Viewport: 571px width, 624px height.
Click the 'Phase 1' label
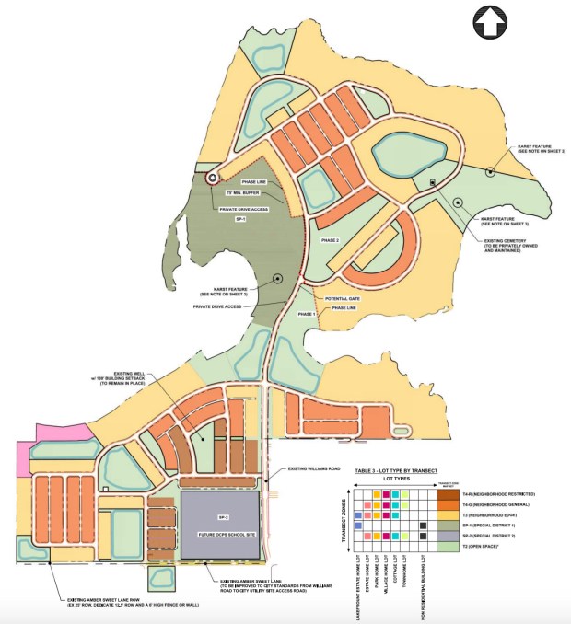click(x=307, y=315)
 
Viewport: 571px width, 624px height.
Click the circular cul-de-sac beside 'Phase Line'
click(x=213, y=178)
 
